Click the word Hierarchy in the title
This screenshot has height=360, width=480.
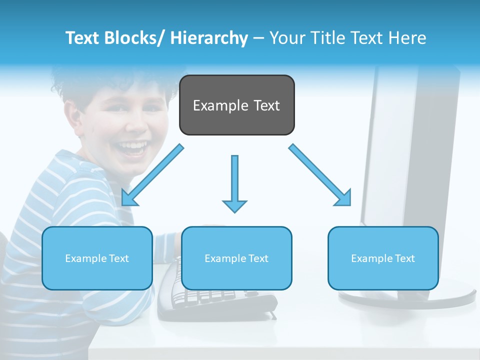click(209, 38)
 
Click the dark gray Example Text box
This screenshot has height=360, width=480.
click(236, 105)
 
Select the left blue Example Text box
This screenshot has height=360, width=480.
click(97, 258)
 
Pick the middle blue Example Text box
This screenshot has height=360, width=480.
click(236, 258)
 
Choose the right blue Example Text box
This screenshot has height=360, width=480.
click(383, 258)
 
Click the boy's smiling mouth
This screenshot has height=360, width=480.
click(133, 148)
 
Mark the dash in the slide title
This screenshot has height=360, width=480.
click(258, 39)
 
